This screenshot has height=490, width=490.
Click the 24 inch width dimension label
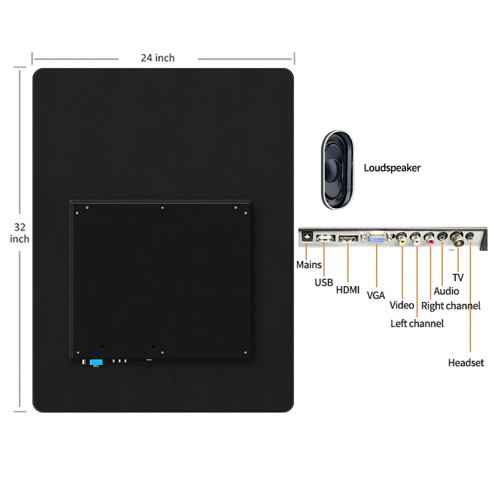(157, 58)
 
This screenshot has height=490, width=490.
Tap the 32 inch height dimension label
(20, 233)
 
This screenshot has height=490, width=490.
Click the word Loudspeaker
(392, 167)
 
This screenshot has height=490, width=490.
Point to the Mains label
(309, 265)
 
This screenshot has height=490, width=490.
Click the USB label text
(324, 282)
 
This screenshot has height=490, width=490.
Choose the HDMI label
(348, 290)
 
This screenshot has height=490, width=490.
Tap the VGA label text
(375, 295)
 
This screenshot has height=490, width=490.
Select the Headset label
(466, 363)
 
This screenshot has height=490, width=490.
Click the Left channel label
(417, 323)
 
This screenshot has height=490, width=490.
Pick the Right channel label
(451, 306)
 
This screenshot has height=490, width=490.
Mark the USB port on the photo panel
(325, 238)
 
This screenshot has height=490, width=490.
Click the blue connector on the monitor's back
(96, 363)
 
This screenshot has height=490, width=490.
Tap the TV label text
(458, 277)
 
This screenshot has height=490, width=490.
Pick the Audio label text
(446, 291)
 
